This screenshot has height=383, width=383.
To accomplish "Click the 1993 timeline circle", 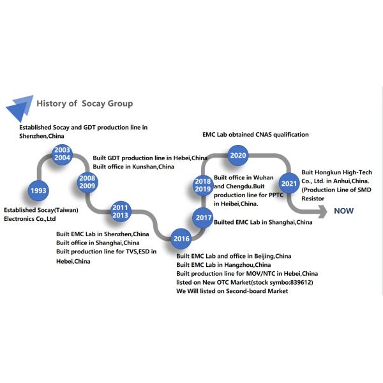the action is (38, 190).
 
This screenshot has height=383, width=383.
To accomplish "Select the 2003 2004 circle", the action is (63, 154).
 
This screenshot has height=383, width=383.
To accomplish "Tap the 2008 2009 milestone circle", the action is (87, 182).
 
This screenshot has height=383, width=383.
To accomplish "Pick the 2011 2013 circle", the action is (121, 211).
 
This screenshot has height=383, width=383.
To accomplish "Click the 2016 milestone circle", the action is (181, 239).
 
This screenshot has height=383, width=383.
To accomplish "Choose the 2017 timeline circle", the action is (203, 218).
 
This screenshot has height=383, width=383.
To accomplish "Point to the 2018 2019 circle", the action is (203, 185).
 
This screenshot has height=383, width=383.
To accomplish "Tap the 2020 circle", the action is (238, 155).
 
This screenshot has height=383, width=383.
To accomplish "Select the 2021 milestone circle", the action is (289, 183).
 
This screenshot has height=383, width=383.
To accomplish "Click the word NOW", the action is (343, 211).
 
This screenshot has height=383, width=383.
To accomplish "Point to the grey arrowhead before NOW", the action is (322, 211).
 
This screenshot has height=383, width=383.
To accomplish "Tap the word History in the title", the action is (52, 103).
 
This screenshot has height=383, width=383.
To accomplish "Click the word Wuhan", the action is (263, 177).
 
